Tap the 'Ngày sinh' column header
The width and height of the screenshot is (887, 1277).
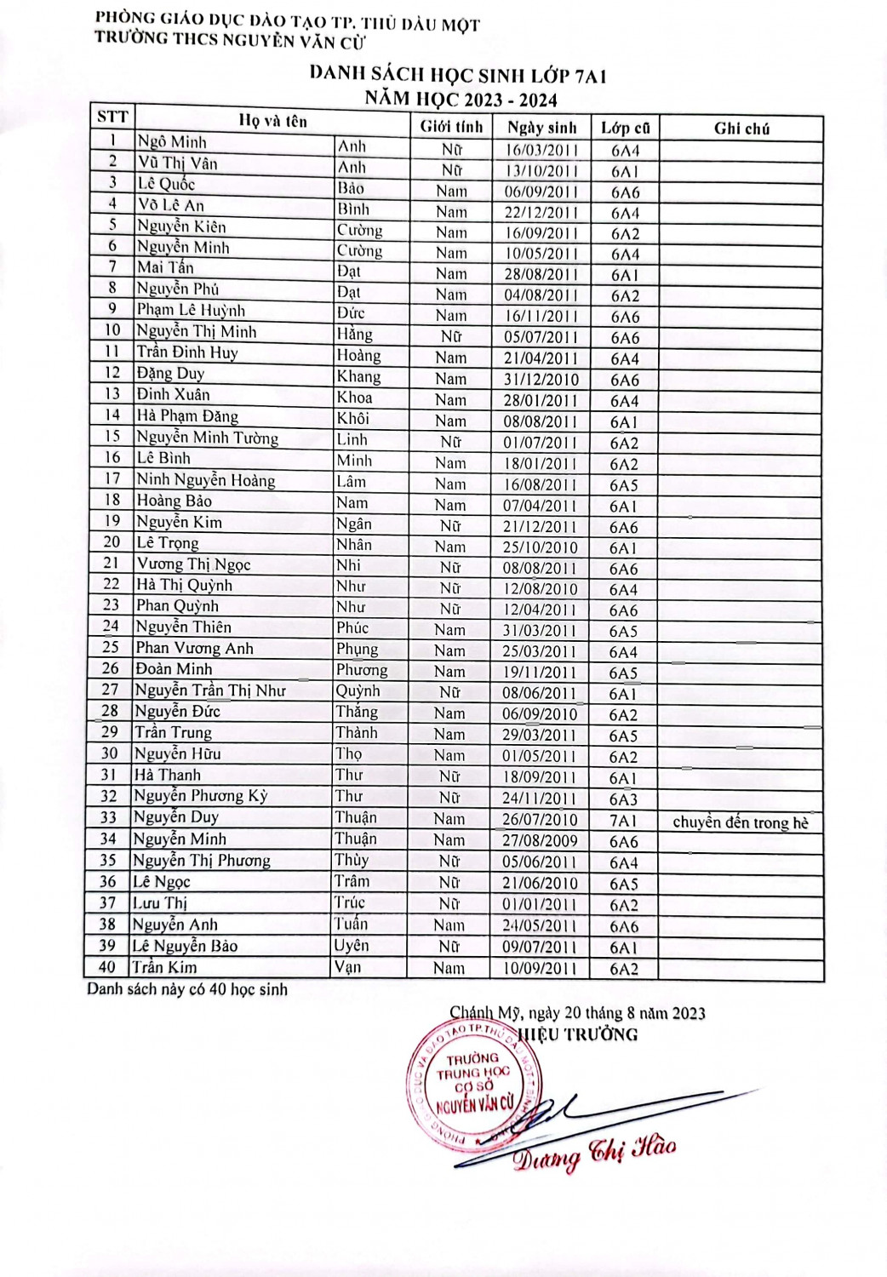[541, 128]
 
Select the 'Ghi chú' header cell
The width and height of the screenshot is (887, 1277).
[741, 129]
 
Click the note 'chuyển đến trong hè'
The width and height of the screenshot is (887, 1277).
[741, 822]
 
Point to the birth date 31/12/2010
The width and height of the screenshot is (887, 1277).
[541, 380]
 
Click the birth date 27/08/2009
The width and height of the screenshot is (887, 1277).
[540, 841]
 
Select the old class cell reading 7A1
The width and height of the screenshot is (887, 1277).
[623, 821]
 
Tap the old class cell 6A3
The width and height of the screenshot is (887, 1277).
[623, 799]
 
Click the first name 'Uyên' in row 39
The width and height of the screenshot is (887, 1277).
[352, 945]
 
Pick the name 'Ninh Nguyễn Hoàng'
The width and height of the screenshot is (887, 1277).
[206, 480]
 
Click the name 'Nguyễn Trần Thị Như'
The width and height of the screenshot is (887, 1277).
[210, 690]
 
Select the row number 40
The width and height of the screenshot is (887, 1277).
[107, 966]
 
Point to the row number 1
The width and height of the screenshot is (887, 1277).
[112, 140]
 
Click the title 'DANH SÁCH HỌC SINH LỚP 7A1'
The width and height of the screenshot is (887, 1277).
[458, 75]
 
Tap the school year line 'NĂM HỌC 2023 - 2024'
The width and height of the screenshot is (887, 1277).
[461, 100]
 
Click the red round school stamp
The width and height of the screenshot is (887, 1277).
[474, 1083]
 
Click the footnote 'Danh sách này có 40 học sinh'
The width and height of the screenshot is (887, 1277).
[187, 989]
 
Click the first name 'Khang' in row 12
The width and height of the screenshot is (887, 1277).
[358, 376]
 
